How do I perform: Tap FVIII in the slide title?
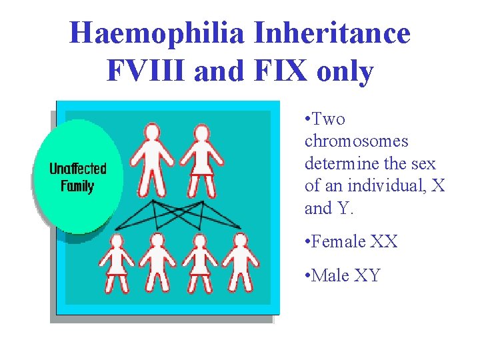[145, 71]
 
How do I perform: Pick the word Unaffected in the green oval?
[77, 169]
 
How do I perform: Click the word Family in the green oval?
[77, 186]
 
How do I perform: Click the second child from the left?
[157, 263]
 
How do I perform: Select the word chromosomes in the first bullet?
[356, 142]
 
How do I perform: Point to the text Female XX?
[355, 242]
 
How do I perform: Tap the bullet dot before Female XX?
[307, 242]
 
